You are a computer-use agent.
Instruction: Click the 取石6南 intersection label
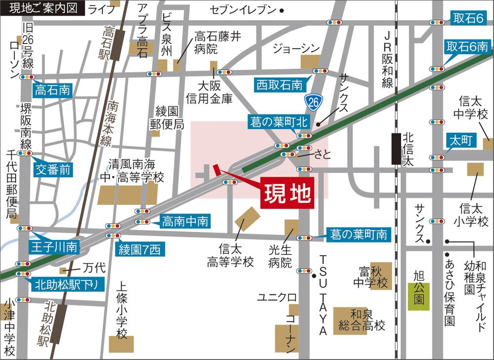click(x=467, y=47)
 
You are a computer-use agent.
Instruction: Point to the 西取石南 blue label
click(x=279, y=85)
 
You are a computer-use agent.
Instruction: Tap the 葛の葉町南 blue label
click(x=359, y=235)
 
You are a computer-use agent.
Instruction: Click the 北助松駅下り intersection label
click(x=69, y=284)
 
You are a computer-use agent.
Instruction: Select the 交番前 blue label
click(x=53, y=170)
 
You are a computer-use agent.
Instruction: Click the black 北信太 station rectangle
click(x=396, y=149)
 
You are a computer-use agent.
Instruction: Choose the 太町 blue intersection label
click(x=461, y=141)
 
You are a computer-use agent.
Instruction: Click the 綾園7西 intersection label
click(x=139, y=249)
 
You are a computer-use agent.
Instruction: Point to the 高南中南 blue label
click(x=186, y=222)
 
